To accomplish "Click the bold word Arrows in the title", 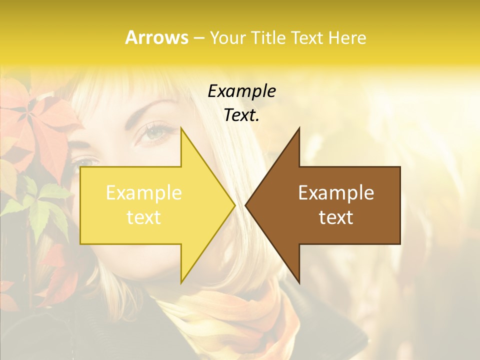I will [157, 37].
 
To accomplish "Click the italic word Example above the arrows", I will [241, 91].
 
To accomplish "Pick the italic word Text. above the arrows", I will [241, 115].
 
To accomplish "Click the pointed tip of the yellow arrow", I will [234, 205].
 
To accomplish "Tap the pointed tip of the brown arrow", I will [246, 205].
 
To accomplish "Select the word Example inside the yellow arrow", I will [144, 193].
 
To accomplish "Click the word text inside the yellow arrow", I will [144, 217].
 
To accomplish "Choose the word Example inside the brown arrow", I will [336, 193].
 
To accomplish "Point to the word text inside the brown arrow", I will [336, 217].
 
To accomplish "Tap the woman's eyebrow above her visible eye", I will [150, 112].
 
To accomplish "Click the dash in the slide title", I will [199, 38].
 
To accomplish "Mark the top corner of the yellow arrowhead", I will [181, 128].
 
